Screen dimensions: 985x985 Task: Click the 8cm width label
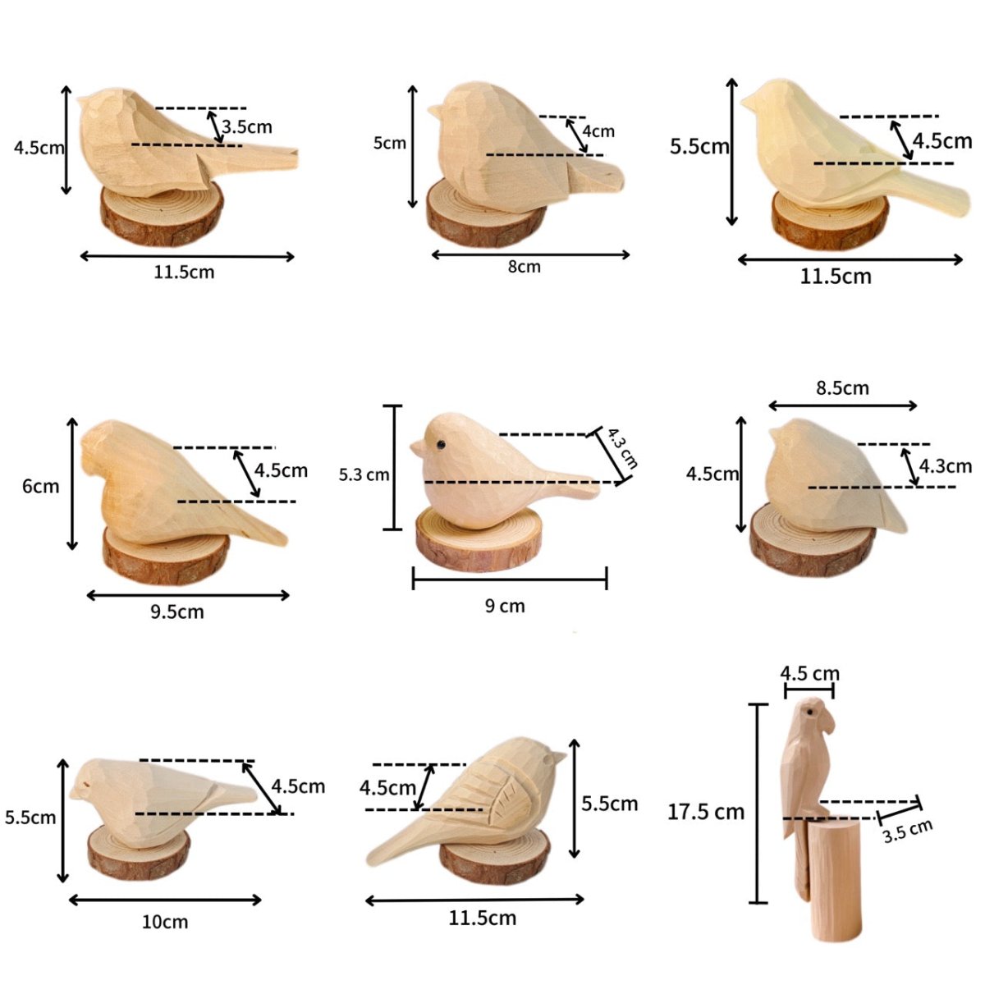pyautogui.click(x=524, y=267)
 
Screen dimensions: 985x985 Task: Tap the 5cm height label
pyautogui.click(x=390, y=143)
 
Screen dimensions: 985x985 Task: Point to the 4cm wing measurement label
pyautogui.click(x=598, y=131)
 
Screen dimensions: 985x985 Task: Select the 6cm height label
pyautogui.click(x=40, y=486)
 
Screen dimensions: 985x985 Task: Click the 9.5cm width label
pyautogui.click(x=176, y=612)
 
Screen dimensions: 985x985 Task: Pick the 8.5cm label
pyautogui.click(x=842, y=387)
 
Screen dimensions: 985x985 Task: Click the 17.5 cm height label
pyautogui.click(x=705, y=812)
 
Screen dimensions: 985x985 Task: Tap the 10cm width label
pyautogui.click(x=165, y=922)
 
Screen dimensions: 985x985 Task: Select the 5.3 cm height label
pyautogui.click(x=364, y=474)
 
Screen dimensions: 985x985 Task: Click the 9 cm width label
pyautogui.click(x=504, y=607)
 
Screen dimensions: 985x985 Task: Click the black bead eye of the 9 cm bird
pyautogui.click(x=440, y=445)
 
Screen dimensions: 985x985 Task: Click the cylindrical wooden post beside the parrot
pyautogui.click(x=835, y=878)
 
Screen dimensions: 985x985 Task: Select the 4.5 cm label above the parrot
pyautogui.click(x=809, y=674)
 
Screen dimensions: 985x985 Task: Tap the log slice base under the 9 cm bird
pyautogui.click(x=479, y=541)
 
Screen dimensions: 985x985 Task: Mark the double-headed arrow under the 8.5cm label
pyautogui.click(x=843, y=405)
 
